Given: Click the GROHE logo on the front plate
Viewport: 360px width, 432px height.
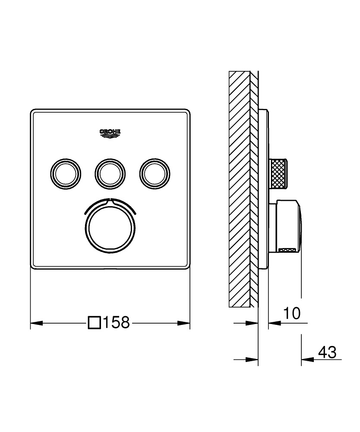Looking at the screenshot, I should point(110,134).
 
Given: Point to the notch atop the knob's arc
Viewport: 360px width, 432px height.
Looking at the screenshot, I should point(110,200).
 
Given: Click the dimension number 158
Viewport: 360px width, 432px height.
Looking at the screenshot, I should point(116,323).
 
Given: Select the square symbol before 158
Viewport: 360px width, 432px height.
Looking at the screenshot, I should point(94,323).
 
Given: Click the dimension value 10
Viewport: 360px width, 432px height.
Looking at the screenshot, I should point(292,314).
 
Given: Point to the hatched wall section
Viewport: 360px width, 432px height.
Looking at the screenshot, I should point(240,190).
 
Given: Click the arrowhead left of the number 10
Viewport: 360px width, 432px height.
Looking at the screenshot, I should point(274,323).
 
